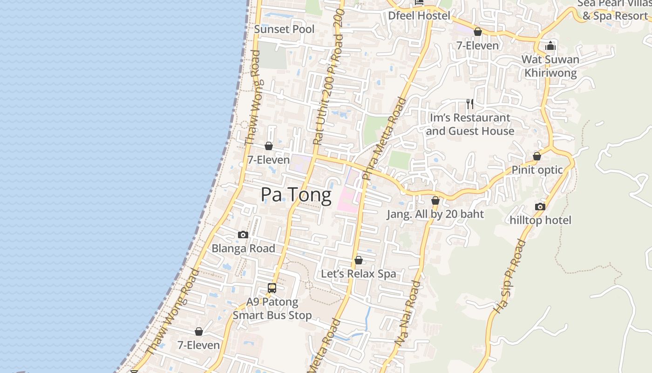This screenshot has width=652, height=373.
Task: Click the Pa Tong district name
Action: click(x=296, y=195)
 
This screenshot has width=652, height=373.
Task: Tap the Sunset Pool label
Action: click(x=284, y=29)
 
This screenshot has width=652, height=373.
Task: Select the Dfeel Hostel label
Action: click(x=419, y=16)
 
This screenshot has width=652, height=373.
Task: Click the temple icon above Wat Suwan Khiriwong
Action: click(x=550, y=46)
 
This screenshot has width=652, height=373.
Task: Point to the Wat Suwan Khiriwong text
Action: click(x=550, y=66)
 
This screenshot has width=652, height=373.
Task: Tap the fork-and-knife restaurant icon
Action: click(x=470, y=104)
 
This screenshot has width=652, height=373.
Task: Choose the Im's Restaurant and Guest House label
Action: click(x=470, y=124)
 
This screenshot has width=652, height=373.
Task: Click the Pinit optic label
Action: click(x=537, y=170)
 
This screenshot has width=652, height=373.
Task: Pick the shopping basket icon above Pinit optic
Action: click(x=537, y=156)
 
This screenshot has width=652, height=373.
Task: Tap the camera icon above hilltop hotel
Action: click(x=540, y=207)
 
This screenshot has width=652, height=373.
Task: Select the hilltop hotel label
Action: click(x=540, y=220)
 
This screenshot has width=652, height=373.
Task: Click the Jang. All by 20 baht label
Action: click(x=435, y=214)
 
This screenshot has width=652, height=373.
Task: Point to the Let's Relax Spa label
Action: click(x=359, y=274)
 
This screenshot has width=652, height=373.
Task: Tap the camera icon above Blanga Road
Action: click(x=243, y=235)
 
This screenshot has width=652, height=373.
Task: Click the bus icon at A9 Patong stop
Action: click(x=272, y=288)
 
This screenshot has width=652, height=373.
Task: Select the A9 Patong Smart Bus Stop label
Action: click(x=272, y=309)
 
